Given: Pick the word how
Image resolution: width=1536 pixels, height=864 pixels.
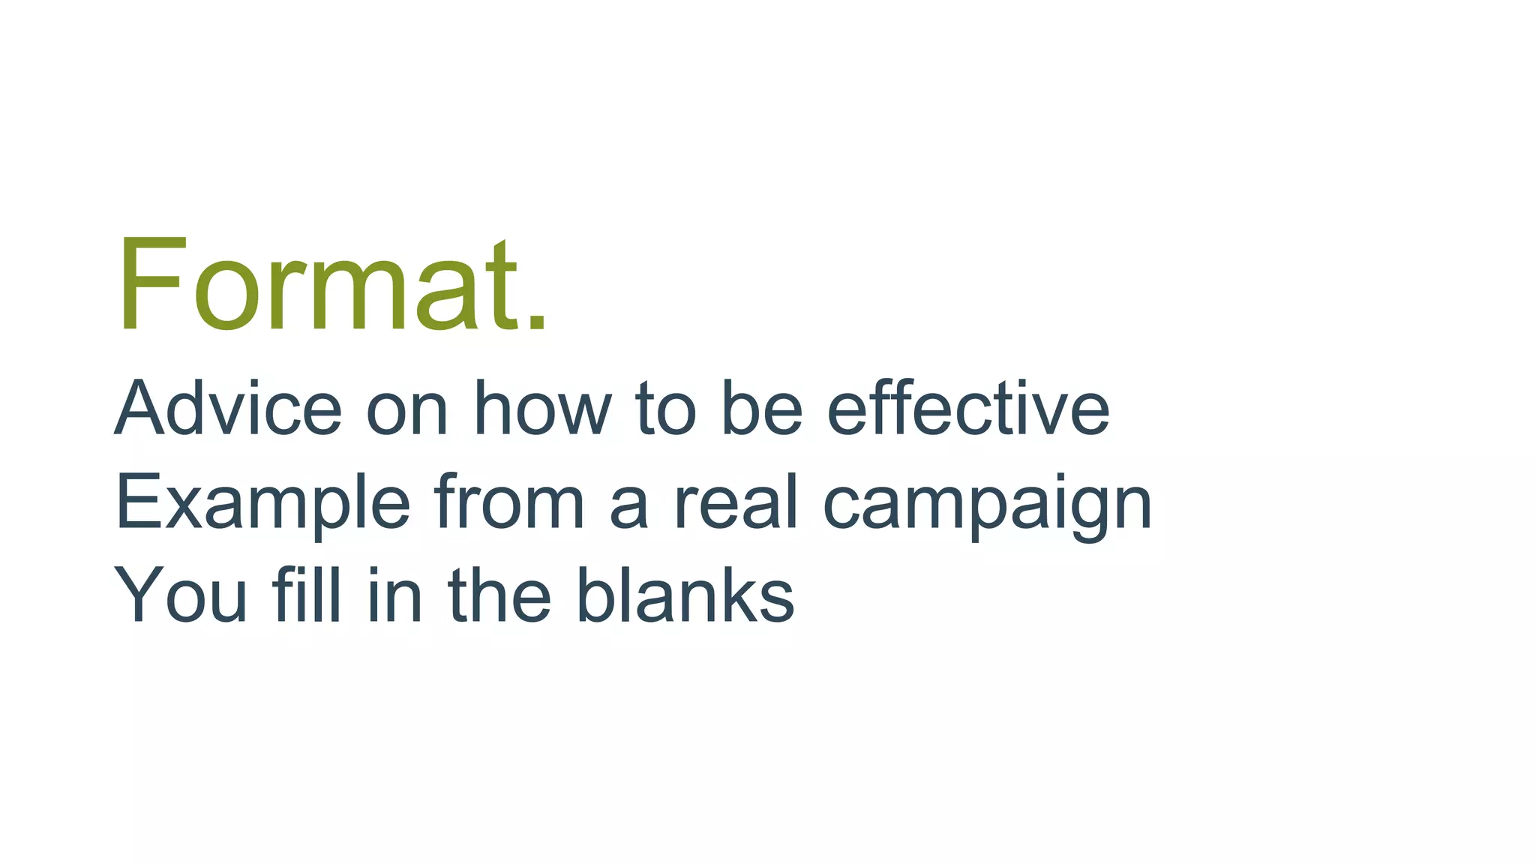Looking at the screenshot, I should [542, 409].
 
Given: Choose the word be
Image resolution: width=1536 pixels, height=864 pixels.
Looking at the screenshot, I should [761, 409].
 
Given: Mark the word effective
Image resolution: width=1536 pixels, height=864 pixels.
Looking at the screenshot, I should [967, 409].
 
